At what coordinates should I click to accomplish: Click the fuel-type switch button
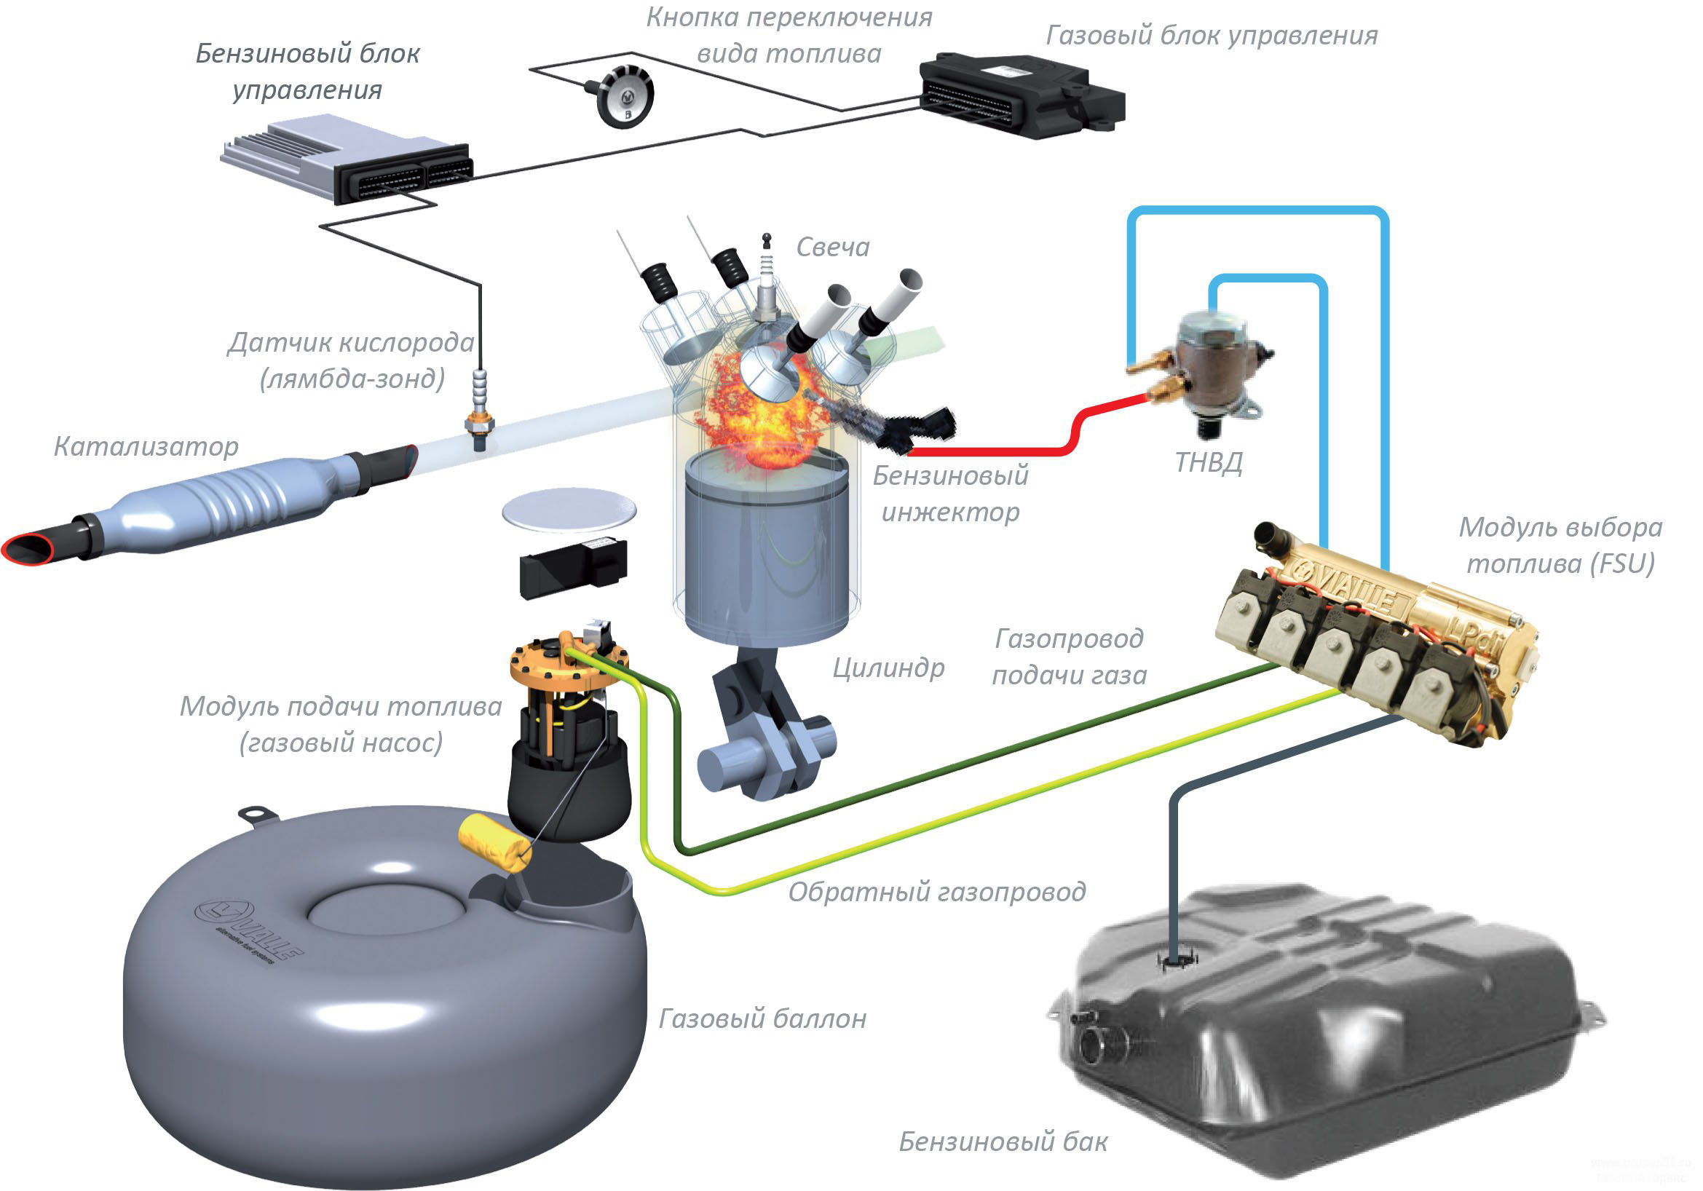coord(625,96)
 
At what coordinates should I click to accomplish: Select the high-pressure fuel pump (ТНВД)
coord(1217,371)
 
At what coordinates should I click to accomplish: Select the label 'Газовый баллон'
coord(762,1019)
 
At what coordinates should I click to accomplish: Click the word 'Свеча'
coord(832,247)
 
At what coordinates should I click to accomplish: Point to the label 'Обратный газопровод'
coord(936,891)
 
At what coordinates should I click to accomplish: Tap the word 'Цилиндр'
coord(888,668)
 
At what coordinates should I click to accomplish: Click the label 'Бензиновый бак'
coord(1003,1141)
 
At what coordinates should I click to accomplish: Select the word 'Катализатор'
coord(146,446)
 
